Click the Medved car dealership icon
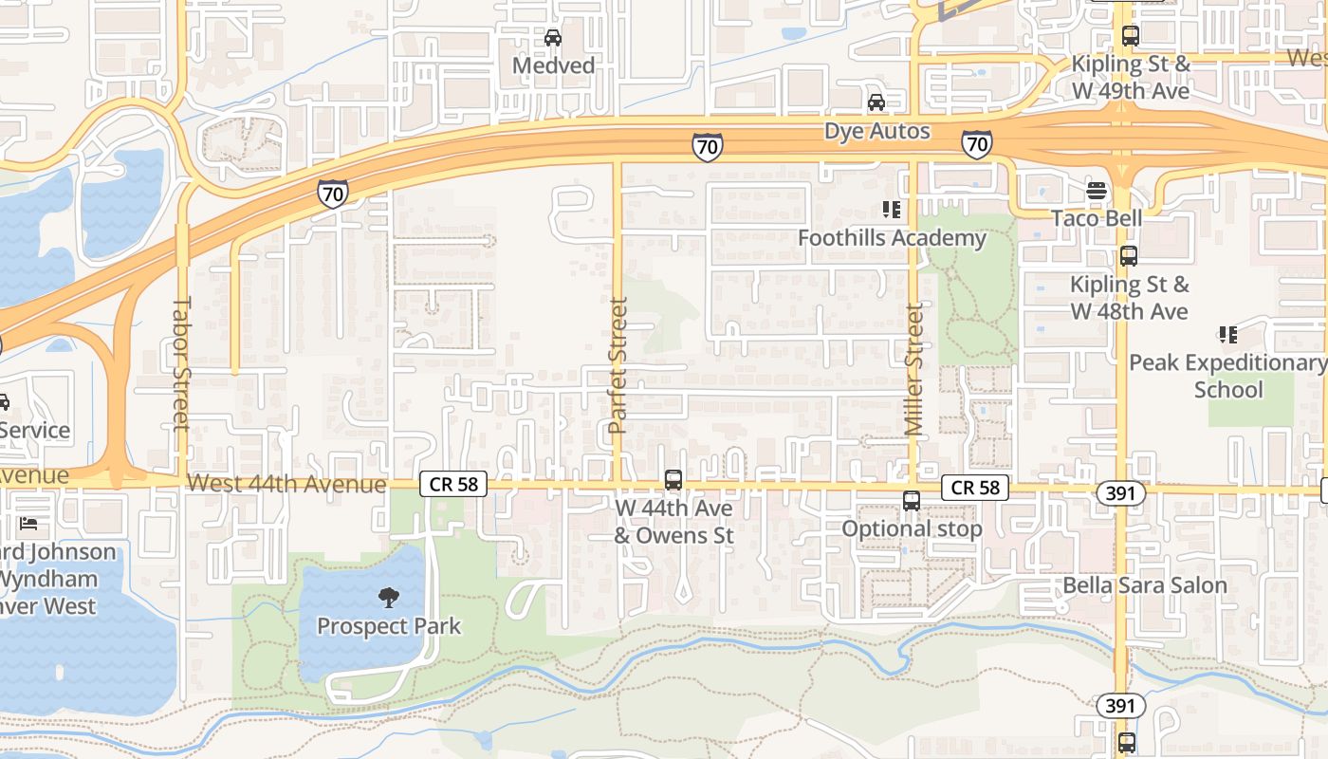[553, 38]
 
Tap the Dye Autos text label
[876, 131]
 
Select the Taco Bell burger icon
[1097, 191]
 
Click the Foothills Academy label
[892, 237]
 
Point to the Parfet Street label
[618, 366]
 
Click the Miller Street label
[913, 370]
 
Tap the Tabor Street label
[181, 363]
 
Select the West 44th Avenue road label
[286, 485]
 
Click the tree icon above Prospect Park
[388, 598]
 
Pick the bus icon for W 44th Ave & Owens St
[673, 480]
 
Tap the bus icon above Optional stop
[912, 501]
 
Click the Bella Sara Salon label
[1145, 584]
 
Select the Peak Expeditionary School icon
[1227, 335]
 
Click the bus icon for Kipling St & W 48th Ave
[1129, 256]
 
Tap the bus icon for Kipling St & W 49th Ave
[1130, 37]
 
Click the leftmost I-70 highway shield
[332, 193]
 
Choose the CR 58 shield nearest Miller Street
[975, 488]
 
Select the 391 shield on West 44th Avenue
[1120, 493]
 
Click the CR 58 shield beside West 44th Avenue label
[453, 485]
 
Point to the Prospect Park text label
[389, 626]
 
